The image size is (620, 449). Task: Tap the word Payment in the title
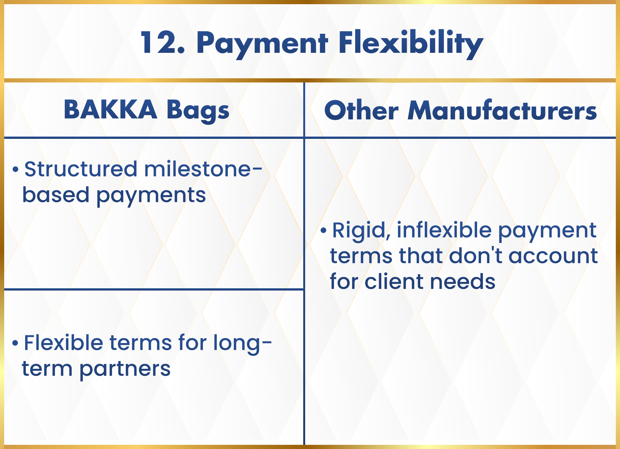click(262, 44)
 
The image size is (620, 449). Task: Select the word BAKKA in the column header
click(110, 110)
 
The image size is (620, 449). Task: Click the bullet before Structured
click(15, 169)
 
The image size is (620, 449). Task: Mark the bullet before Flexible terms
click(15, 342)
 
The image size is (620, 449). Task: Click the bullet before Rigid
click(324, 230)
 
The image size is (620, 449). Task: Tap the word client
click(394, 281)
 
